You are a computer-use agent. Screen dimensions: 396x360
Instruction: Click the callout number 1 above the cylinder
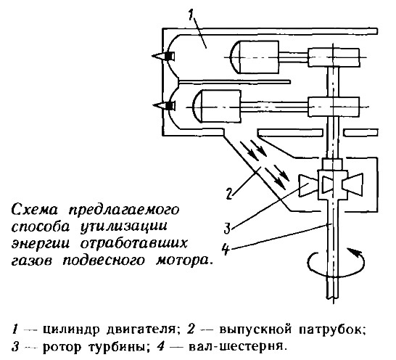pos(191,15)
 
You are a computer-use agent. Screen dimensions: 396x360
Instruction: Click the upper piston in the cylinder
pos(254,57)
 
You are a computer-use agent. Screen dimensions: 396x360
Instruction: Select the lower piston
pos(216,107)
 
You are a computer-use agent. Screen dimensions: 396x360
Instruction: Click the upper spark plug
pos(163,56)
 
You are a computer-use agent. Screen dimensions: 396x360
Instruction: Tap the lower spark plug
pos(163,105)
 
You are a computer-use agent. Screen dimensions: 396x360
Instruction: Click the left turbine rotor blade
pos(308,185)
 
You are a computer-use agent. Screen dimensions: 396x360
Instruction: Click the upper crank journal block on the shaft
pos(334,57)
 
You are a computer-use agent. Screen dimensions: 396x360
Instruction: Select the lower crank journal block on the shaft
pos(334,107)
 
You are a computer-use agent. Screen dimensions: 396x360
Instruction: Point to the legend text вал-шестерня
pos(238,346)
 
